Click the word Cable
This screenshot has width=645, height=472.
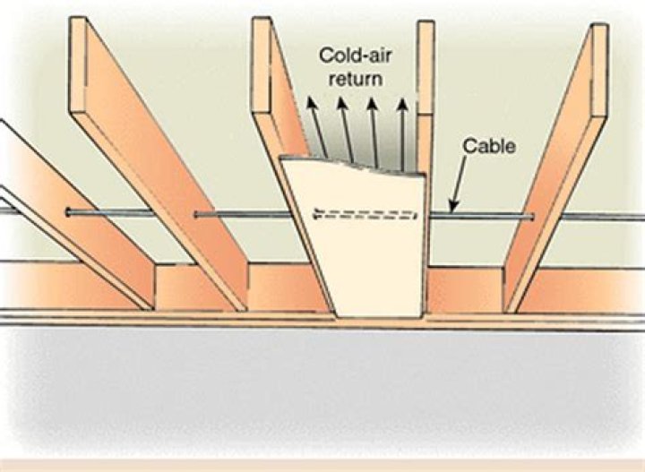[489, 147]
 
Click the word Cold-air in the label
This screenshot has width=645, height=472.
[356, 56]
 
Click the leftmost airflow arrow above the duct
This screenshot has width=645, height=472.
[317, 128]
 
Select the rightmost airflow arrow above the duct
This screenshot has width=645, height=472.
[402, 134]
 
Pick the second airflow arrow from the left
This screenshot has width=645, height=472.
[346, 130]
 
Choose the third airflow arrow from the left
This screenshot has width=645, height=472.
[374, 133]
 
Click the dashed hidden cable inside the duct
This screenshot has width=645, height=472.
[365, 214]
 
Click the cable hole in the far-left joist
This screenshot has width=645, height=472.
[68, 212]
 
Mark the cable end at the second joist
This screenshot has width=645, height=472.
[197, 214]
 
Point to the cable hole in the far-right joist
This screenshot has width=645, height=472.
[533, 216]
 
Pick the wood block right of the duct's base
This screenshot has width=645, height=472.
[465, 289]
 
